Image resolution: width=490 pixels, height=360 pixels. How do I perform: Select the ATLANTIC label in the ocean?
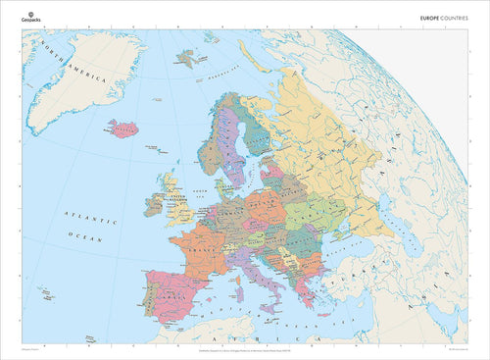tap(86, 213)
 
